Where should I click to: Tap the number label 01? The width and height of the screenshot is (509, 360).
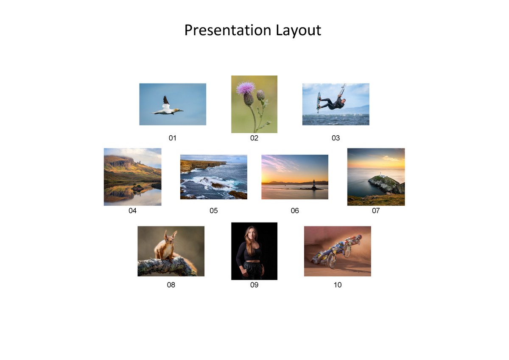click(x=172, y=138)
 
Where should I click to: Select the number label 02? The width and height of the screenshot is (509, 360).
click(x=254, y=138)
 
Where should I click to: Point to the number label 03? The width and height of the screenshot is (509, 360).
click(x=336, y=138)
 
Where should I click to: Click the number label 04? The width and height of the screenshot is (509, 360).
click(x=132, y=211)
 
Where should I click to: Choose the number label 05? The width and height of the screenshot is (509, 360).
click(x=213, y=211)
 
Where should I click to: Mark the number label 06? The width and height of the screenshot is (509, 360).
click(x=295, y=211)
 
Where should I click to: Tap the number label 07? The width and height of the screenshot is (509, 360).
click(x=376, y=211)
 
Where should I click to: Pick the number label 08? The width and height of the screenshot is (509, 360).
click(x=171, y=285)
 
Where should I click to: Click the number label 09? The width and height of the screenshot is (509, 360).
click(x=254, y=285)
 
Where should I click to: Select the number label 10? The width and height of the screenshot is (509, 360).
click(x=338, y=285)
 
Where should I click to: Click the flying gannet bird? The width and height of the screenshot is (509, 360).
click(x=168, y=109)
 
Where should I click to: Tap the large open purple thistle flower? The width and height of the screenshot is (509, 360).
click(x=245, y=88)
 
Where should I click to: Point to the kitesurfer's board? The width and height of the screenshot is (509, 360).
click(x=319, y=102)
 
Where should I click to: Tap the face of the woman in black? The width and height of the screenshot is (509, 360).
click(x=252, y=234)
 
